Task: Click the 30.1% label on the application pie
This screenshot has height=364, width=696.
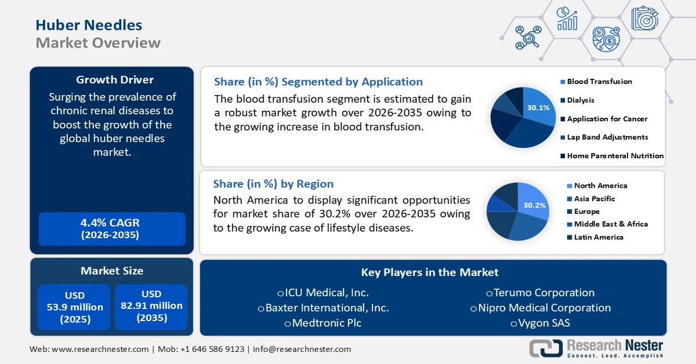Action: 538,108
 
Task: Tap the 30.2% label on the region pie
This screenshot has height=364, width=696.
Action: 534,205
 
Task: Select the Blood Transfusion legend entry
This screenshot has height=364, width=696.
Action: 596,82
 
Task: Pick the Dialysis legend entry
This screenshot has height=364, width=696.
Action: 577,100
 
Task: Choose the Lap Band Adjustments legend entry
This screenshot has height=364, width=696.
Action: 604,137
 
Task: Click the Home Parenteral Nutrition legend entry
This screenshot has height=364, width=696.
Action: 612,156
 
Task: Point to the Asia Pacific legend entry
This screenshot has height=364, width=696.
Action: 591,199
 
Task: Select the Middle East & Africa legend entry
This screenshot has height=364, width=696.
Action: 607,224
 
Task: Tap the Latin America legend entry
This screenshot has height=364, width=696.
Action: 595,237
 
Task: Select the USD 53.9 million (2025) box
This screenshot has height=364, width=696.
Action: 74,307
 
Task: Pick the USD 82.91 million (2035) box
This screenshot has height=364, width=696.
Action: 151,307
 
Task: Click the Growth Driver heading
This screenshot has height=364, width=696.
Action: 115,80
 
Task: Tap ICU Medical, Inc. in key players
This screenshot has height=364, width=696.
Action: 323,293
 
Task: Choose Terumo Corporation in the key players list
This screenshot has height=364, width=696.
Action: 541,293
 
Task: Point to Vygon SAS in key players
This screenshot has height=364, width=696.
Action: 541,323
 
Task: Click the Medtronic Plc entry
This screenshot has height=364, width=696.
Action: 323,323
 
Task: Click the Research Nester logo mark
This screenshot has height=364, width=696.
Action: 546,348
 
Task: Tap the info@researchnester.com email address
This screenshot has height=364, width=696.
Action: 302,349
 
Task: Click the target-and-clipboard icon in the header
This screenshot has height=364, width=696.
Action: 645,18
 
